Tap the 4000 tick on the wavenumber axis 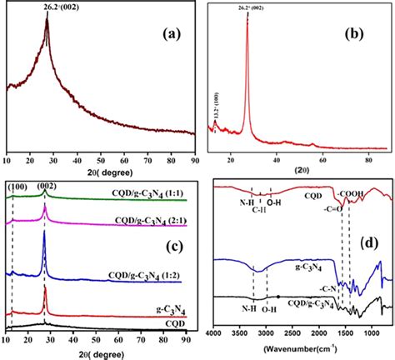215,332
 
